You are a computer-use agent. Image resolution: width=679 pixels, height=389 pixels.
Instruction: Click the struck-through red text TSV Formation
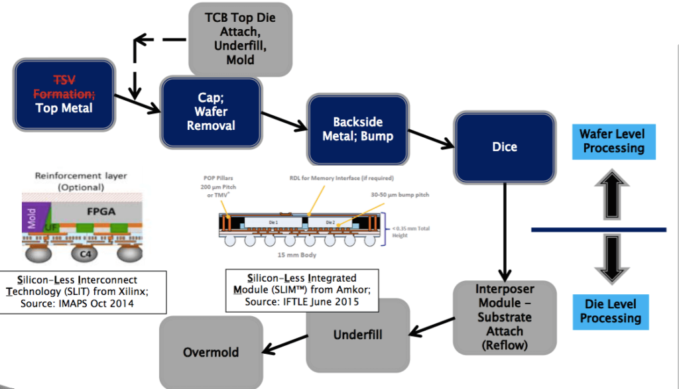64,86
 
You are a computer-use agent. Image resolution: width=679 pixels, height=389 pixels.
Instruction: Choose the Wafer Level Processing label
613,141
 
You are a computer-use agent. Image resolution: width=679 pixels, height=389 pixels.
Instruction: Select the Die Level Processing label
611,311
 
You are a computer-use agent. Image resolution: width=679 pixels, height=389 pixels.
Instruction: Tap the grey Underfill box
357,335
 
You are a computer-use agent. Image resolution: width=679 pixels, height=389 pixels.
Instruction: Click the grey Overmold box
210,352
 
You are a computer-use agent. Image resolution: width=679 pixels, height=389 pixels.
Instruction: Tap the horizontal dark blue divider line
598,229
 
